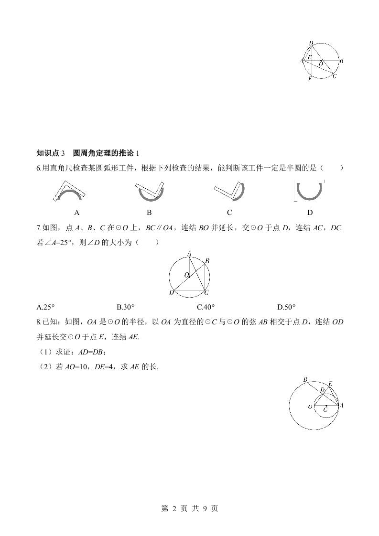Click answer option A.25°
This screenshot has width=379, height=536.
(x=46, y=307)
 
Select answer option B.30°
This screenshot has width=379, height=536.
(x=126, y=307)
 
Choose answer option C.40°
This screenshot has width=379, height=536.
(x=206, y=307)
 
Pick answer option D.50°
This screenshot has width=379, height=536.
(x=287, y=307)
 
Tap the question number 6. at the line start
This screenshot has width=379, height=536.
(x=39, y=168)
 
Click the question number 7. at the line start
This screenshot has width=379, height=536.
(x=39, y=228)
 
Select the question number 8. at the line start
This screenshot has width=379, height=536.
(x=39, y=322)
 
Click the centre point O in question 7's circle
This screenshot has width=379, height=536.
(x=189, y=276)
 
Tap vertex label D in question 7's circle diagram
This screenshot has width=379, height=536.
(x=172, y=292)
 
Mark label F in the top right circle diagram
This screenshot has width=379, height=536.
(x=309, y=79)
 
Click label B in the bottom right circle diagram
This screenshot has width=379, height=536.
(x=305, y=380)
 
